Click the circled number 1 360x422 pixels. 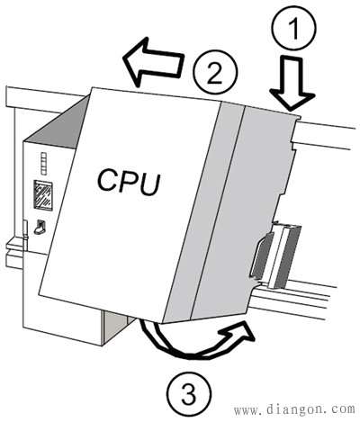293,28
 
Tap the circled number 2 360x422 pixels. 215,73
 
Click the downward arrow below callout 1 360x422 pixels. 292,83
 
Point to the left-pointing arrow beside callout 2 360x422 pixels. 153,61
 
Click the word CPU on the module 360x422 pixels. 129,182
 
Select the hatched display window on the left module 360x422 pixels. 43,195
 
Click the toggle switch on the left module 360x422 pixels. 40,228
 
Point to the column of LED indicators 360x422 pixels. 44,164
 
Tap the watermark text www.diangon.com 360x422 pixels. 294,409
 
